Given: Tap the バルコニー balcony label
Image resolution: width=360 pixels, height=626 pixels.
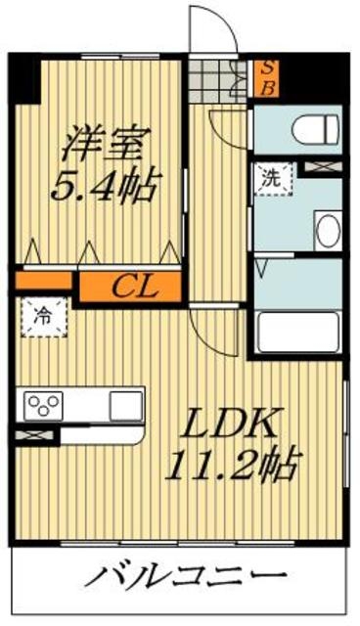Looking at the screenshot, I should click(x=184, y=576).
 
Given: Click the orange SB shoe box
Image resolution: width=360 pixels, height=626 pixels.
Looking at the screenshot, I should click(x=265, y=75).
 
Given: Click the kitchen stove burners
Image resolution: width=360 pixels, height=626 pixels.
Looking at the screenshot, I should click(x=45, y=403).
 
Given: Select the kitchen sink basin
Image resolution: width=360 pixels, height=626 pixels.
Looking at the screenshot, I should click(x=125, y=403).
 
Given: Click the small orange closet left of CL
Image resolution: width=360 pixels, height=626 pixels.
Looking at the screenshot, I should click(x=44, y=282).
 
